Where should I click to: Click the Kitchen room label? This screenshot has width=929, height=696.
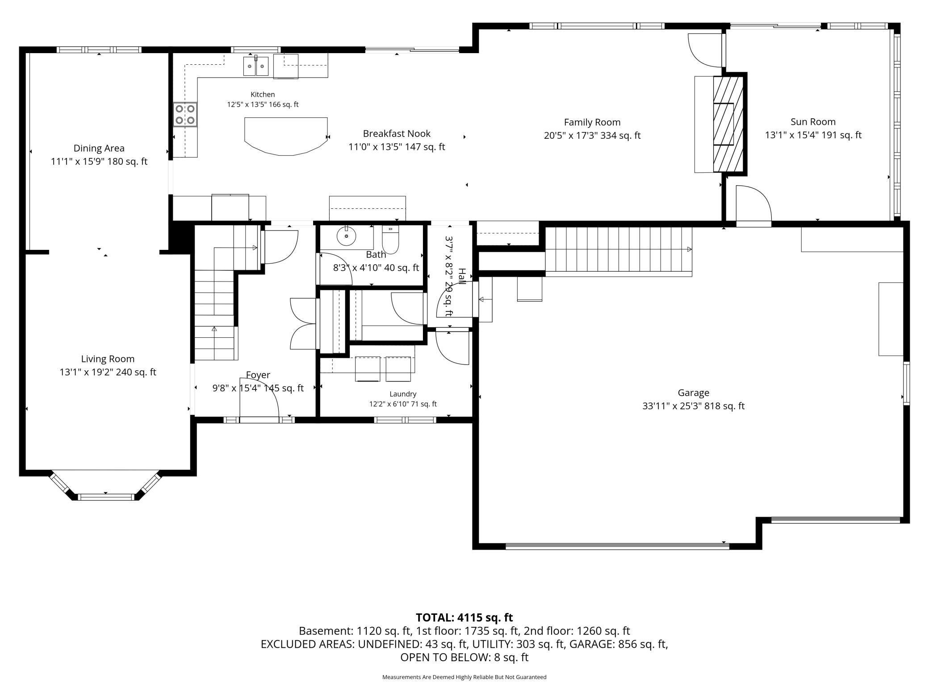[263, 95]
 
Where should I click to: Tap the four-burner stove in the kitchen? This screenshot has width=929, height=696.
[185, 114]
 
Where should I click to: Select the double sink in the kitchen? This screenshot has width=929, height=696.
[256, 66]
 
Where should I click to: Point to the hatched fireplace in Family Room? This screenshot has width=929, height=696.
[728, 124]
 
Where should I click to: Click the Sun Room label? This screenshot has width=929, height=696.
[813, 122]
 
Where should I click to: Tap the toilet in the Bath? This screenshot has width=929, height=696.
[390, 239]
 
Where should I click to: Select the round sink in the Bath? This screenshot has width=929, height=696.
[346, 236]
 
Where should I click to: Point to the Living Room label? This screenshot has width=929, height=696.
[108, 359]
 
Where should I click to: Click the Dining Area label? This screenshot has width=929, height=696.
[99, 149]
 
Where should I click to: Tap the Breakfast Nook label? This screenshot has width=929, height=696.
[397, 133]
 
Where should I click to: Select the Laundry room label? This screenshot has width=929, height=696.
[403, 394]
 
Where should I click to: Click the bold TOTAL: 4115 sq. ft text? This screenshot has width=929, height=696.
[464, 617]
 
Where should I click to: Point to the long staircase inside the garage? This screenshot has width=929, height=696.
[619, 249]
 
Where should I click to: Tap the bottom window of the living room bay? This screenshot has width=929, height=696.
[106, 497]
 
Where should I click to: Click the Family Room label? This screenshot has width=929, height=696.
[592, 122]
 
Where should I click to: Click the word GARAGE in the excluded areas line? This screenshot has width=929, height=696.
[591, 644]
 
